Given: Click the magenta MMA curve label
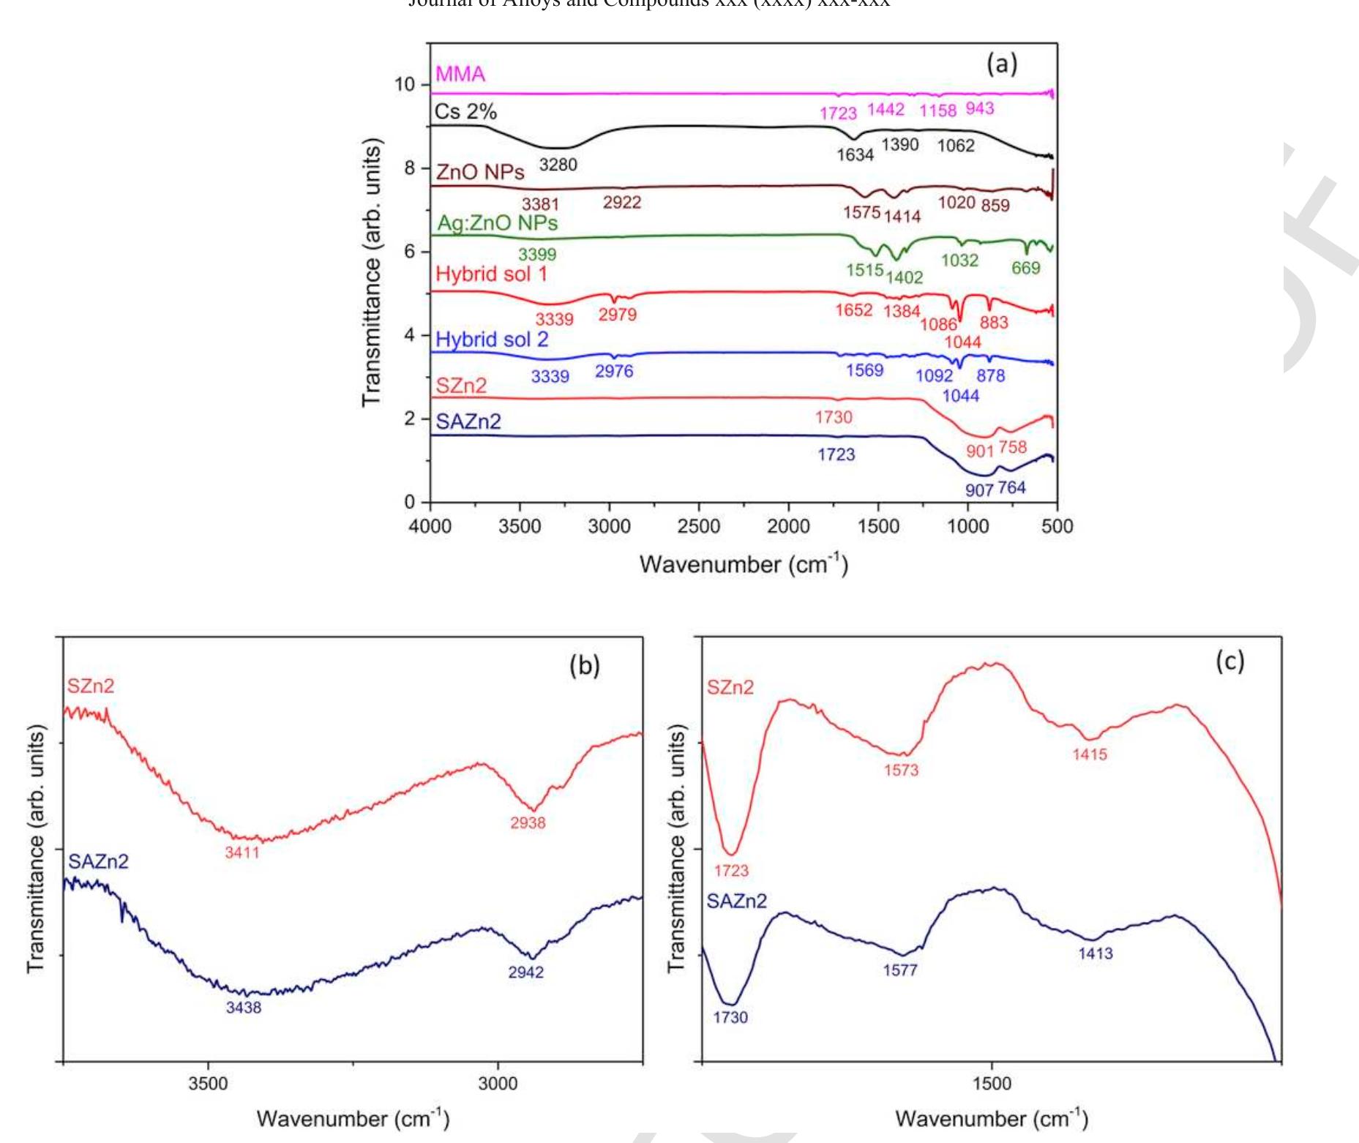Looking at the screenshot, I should click(x=460, y=74).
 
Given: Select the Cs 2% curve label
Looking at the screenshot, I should click(x=465, y=111).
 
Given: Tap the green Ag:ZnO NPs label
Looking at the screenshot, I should click(x=497, y=222).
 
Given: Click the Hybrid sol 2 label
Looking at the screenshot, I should click(x=491, y=340).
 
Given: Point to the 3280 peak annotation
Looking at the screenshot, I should click(x=558, y=165).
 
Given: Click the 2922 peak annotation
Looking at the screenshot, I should click(x=621, y=203).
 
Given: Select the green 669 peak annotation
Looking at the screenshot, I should click(x=1025, y=268).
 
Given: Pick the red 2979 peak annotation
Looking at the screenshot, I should click(x=617, y=315).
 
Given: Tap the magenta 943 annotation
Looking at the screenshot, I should click(x=979, y=108).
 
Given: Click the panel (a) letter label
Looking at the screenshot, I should click(x=1001, y=64).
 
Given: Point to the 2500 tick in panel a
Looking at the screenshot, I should click(x=699, y=526).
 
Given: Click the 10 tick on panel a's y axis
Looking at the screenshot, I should click(x=405, y=84).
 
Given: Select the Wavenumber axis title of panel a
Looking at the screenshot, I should click(x=743, y=564).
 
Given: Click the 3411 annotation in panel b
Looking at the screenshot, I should click(x=242, y=852).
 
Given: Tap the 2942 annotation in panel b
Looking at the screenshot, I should click(x=525, y=973).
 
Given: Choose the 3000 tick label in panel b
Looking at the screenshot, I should click(x=498, y=1083).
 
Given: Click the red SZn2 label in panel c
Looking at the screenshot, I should click(x=730, y=687).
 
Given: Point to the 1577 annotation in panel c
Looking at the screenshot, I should click(x=899, y=970).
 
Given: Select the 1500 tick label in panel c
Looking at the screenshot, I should click(x=992, y=1083).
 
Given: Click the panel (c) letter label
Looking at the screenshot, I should click(x=1229, y=661).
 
